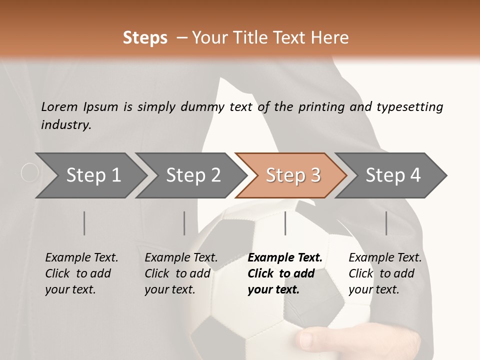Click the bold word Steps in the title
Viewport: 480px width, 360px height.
[x=145, y=37]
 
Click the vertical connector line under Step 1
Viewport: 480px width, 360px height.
[x=84, y=223]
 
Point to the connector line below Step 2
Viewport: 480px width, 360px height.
[x=184, y=223]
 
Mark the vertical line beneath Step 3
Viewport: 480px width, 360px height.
[x=285, y=223]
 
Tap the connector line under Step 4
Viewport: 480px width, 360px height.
[x=386, y=223]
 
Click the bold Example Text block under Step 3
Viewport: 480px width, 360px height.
[x=284, y=273]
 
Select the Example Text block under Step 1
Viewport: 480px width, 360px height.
[x=81, y=273]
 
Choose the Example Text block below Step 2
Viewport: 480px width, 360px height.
[x=181, y=273]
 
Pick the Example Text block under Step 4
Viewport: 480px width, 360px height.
[x=385, y=273]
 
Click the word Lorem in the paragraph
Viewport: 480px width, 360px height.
[x=59, y=106]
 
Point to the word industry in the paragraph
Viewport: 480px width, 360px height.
[x=65, y=124]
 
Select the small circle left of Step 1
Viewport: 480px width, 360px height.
[x=30, y=173]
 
